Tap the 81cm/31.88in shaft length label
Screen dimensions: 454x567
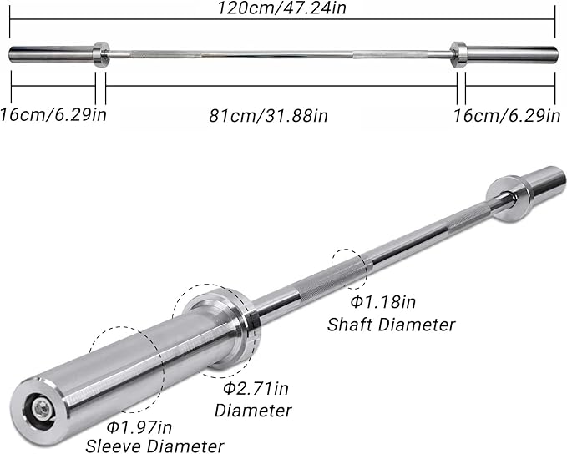coord(268,114)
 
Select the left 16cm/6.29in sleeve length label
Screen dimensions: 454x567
coord(53,113)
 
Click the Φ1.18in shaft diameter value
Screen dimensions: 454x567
coord(377,300)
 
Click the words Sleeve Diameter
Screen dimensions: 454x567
coord(154,445)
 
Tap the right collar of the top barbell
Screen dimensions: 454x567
coord(458,54)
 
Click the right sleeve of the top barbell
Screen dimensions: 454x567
coord(511,54)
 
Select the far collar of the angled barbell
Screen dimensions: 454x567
coord(509,198)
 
